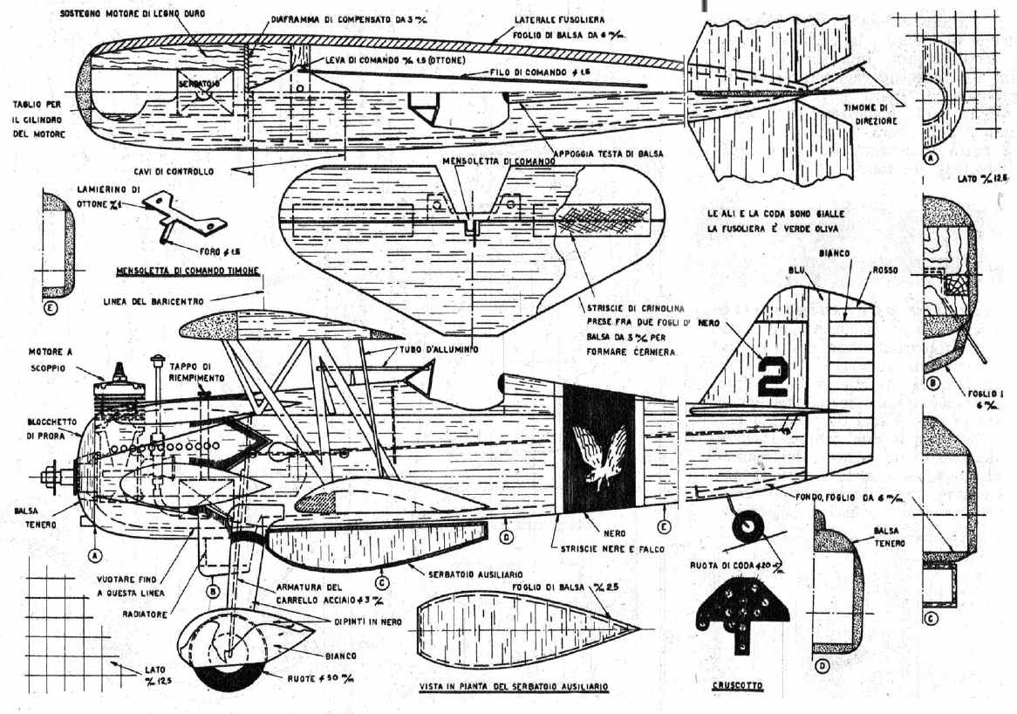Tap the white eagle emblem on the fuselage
pyautogui.click(x=599, y=455)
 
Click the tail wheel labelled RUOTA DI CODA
pyautogui.click(x=747, y=526)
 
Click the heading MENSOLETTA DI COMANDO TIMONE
pyautogui.click(x=188, y=271)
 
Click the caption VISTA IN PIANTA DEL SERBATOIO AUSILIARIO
pyautogui.click(x=513, y=687)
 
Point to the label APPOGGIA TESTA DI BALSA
pyautogui.click(x=603, y=153)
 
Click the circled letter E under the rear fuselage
pyautogui.click(x=664, y=526)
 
